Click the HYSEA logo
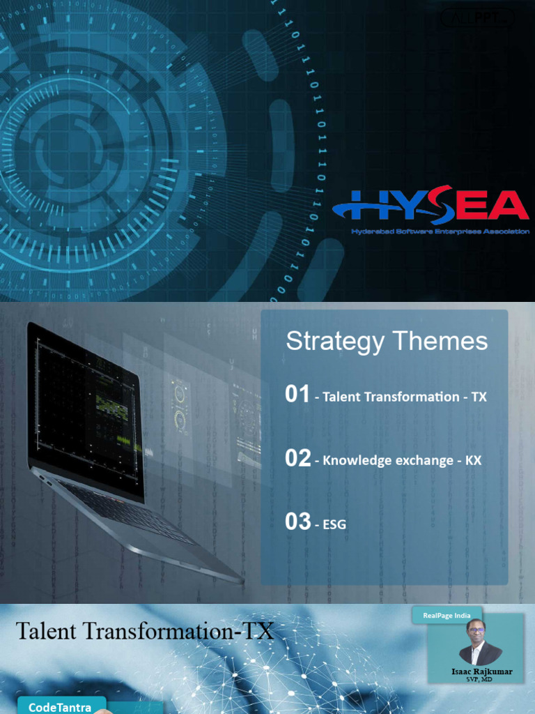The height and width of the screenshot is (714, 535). click(x=431, y=206)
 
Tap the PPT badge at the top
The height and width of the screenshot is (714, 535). click(x=478, y=18)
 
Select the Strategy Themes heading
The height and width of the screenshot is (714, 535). click(x=387, y=341)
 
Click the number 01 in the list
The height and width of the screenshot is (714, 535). click(x=297, y=395)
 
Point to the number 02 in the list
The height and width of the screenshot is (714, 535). click(x=297, y=458)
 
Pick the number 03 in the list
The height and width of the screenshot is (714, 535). click(x=297, y=522)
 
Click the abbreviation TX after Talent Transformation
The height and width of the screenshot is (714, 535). click(x=479, y=397)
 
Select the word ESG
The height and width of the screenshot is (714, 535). click(x=334, y=524)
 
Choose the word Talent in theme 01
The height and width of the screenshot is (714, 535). click(x=339, y=397)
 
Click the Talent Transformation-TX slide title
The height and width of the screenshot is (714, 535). click(x=145, y=632)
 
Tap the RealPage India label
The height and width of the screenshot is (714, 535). click(x=447, y=615)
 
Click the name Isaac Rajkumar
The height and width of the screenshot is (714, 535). click(x=481, y=671)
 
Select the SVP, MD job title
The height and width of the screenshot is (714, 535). click(x=479, y=679)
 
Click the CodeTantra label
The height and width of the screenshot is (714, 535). click(x=61, y=707)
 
